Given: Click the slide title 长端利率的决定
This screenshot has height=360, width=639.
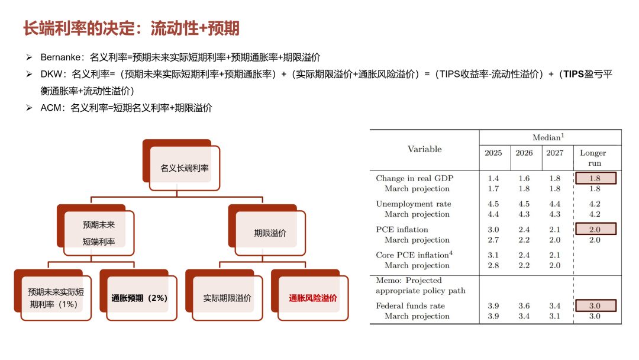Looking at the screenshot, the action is click(131, 28).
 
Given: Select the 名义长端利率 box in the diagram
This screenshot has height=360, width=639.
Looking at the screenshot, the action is click(184, 168).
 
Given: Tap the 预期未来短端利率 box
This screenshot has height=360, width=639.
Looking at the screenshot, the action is click(99, 233).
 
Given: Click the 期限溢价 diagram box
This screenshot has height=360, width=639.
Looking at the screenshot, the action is click(270, 233).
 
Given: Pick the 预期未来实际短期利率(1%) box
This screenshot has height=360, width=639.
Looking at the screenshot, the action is click(56, 298).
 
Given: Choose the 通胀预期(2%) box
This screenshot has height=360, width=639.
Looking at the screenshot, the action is click(140, 298).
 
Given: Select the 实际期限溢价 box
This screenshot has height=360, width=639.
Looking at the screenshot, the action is click(227, 298).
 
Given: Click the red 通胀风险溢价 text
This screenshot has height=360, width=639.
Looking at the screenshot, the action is click(313, 298).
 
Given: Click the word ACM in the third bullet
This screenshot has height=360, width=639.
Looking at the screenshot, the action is click(51, 108).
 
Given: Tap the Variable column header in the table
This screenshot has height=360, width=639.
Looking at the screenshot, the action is click(424, 149).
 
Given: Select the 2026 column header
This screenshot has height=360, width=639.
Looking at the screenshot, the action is click(524, 153).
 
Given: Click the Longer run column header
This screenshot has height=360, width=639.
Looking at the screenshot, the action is click(595, 157).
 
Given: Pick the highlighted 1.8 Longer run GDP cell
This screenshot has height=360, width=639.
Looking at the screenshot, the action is click(595, 178).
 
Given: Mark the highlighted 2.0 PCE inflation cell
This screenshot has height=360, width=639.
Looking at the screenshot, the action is click(595, 229).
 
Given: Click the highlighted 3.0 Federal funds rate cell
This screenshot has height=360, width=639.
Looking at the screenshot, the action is click(595, 306).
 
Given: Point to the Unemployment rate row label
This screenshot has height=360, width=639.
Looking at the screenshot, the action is click(413, 204).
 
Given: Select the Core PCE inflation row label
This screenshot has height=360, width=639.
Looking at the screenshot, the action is click(414, 255).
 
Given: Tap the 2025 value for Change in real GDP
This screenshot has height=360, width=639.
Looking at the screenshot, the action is click(493, 178).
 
